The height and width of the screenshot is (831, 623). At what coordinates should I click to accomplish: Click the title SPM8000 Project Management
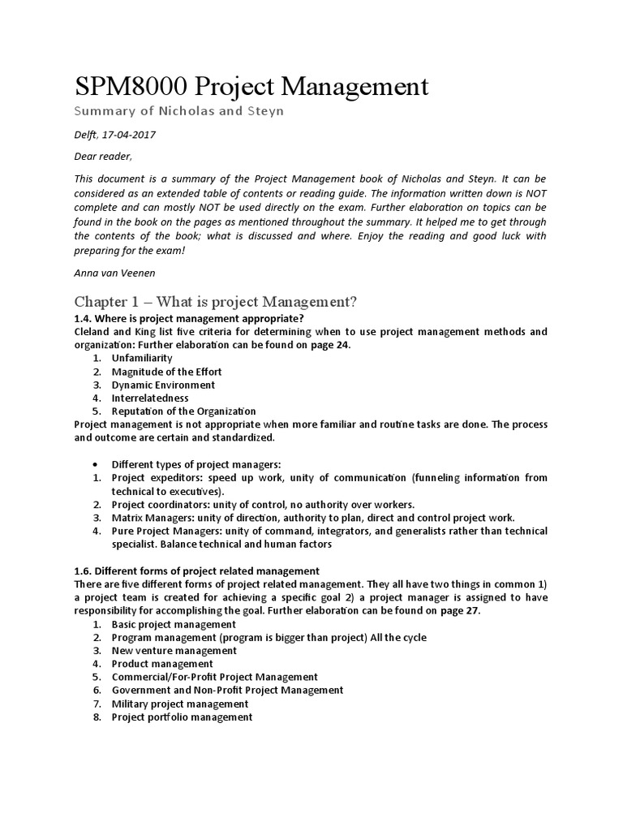(251, 87)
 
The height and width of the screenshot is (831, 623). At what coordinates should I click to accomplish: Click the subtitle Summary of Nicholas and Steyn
(178, 111)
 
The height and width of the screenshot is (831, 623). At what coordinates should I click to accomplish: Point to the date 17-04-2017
(129, 135)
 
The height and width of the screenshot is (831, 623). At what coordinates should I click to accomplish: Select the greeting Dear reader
(102, 157)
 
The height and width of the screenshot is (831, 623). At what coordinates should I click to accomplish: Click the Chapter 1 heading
(215, 302)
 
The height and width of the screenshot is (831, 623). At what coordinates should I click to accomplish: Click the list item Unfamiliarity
(141, 358)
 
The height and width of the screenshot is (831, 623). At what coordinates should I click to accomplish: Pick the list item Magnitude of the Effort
(166, 372)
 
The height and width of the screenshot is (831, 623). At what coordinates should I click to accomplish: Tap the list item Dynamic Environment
(163, 385)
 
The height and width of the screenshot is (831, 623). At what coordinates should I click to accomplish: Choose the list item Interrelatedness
(150, 398)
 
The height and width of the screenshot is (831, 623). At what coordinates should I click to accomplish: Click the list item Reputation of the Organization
(183, 411)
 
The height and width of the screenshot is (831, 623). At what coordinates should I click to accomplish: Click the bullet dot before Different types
(97, 464)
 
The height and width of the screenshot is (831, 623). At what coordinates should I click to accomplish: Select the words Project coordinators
(153, 504)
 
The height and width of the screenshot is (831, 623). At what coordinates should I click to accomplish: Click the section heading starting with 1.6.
(197, 571)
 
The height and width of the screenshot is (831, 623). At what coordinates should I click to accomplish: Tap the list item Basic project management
(174, 624)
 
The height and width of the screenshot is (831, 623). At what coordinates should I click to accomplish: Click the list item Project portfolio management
(182, 717)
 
